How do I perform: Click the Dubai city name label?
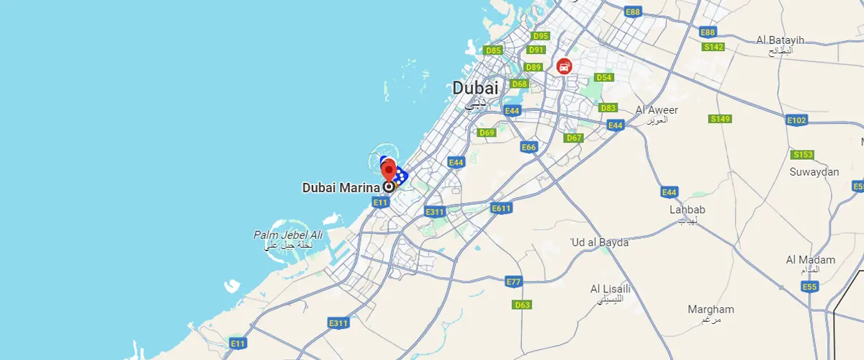coord(475,88)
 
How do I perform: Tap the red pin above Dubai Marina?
coord(389,171)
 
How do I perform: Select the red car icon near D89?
coord(564,66)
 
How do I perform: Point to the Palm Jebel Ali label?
coord(288,235)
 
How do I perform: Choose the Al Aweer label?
coord(657,110)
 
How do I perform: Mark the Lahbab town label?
coord(688,210)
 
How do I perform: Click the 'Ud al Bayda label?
coord(599,242)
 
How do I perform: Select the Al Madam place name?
coord(811,260)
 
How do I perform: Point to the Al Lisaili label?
coord(611,289)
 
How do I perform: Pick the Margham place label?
coord(711,310)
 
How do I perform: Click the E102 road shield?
coord(796,120)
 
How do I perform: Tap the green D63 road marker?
coord(522,305)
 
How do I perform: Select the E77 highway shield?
coord(513,281)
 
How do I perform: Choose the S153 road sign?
coord(802,155)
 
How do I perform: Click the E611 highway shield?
coord(501,208)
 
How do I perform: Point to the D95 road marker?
coord(540,36)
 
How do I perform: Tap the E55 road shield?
coord(810,287)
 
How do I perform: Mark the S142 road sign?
coord(714,47)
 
